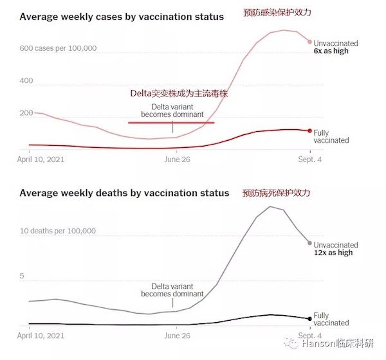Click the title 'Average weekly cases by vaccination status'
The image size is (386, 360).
122,17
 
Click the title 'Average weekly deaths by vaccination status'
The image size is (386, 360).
124,192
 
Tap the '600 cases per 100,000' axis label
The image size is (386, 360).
58,48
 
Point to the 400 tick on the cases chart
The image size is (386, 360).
27,81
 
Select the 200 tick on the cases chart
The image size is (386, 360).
27,114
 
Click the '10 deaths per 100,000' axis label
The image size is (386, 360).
58,230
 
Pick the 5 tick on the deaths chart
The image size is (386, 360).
23,276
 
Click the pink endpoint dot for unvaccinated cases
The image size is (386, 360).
309,42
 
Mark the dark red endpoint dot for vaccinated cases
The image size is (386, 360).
309,131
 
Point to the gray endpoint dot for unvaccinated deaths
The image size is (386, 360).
309,243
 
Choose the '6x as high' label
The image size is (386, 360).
331,51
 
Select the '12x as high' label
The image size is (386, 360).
333,253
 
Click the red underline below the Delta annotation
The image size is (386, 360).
170,122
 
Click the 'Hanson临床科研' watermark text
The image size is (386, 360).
344,344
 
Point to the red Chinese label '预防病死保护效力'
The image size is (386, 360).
276,193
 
